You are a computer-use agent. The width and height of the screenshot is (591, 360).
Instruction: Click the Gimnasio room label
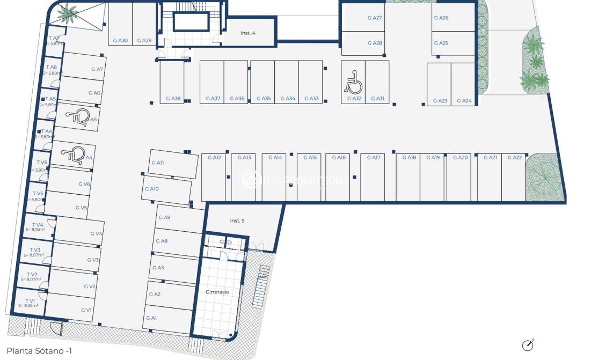[x=217, y=292]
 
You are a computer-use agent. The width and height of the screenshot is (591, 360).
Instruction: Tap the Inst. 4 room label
[x=247, y=33]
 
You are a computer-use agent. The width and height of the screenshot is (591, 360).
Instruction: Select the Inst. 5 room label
[x=238, y=221]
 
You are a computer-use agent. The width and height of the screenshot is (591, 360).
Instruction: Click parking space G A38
[x=173, y=98]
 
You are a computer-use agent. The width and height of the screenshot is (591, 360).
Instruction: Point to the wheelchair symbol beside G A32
[x=352, y=82]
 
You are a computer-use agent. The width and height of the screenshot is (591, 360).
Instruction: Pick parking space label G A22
[x=514, y=157]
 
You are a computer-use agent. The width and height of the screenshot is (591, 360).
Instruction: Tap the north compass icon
[x=528, y=345]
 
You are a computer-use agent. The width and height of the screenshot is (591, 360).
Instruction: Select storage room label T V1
[x=31, y=300]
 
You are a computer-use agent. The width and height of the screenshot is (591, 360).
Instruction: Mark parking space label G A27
[x=375, y=18]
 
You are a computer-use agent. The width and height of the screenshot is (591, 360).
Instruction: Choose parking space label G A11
[x=157, y=162]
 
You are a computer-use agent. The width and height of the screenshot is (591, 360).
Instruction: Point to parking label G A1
[x=151, y=318]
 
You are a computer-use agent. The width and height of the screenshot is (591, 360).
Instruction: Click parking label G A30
[x=120, y=40]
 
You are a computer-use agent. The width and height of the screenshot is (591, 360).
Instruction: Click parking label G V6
[x=84, y=183]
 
